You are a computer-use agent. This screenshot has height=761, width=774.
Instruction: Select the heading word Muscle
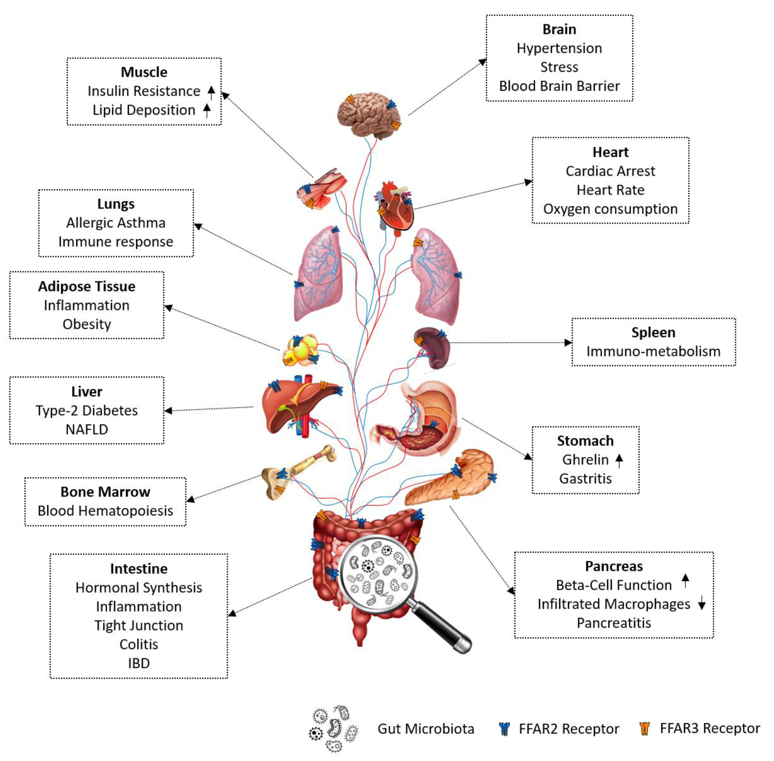coord(144,72)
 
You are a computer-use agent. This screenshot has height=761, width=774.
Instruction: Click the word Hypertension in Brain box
coord(559,48)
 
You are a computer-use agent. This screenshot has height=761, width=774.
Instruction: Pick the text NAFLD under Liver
coord(87,429)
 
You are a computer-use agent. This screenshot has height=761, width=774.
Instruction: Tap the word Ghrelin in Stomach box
coord(585,460)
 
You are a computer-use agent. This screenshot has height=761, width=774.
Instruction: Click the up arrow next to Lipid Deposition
coord(207,110)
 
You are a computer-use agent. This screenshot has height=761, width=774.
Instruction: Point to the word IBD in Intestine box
coord(139,663)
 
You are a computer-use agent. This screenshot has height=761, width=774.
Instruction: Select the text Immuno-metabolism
coord(653,351)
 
